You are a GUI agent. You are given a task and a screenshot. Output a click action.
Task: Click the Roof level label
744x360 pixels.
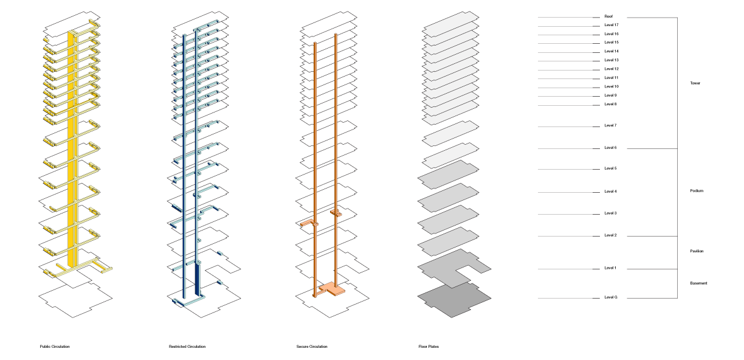pos(608,16)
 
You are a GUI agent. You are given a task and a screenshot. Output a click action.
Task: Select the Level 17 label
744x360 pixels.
pos(611,25)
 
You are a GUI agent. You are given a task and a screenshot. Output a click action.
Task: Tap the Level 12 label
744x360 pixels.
pos(611,69)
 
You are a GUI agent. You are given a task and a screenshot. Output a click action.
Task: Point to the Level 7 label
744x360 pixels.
pos(610,125)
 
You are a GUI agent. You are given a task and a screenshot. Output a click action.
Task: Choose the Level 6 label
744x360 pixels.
pos(610,148)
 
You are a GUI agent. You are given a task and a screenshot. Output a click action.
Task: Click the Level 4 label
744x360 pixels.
pos(610,192)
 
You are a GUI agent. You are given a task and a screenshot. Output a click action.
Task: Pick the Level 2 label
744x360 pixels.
pos(610,235)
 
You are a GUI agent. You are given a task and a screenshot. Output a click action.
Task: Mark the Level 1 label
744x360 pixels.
pos(610,268)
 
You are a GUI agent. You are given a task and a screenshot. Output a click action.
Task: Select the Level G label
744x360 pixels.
pos(610,297)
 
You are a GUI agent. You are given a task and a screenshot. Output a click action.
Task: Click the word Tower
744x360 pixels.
pos(695,83)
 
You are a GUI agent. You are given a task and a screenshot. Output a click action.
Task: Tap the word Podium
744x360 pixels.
pos(697,191)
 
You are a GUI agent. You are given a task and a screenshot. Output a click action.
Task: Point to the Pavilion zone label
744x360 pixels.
pos(697,251)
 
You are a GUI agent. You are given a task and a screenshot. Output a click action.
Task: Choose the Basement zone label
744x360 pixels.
pos(698,283)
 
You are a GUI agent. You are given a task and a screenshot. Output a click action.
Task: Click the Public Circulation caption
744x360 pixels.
pos(55,347)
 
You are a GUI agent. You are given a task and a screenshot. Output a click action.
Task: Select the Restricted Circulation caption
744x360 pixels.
pos(187,347)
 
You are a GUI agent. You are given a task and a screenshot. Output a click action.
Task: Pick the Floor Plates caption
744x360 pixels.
pos(429,347)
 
